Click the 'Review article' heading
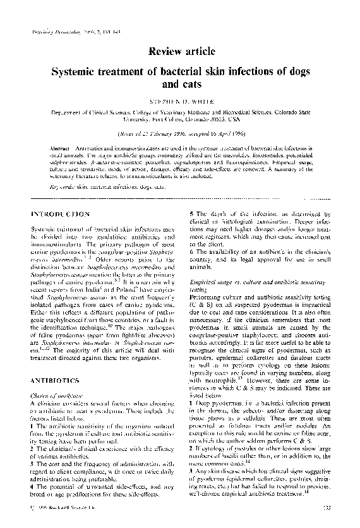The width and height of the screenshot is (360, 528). click(x=180, y=50)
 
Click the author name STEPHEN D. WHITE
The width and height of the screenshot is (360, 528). click(x=180, y=100)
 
